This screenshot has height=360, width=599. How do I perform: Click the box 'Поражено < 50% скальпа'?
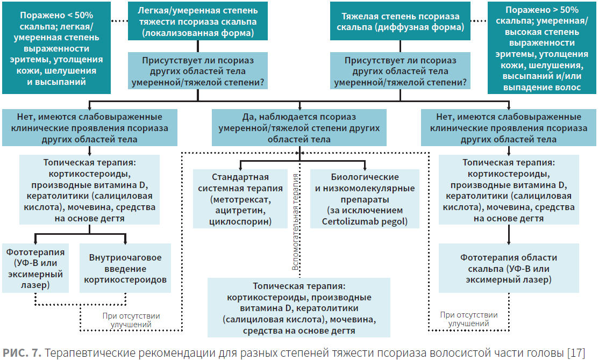[x=56, y=48]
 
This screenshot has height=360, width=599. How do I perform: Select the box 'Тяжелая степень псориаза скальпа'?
[x=400, y=21]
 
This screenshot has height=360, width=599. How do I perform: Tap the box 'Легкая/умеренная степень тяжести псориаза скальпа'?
[x=197, y=21]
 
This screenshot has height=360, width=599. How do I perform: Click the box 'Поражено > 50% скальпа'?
[x=541, y=48]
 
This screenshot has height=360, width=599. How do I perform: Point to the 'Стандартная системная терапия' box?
[x=240, y=199]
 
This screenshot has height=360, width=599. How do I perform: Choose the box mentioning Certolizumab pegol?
[x=365, y=199]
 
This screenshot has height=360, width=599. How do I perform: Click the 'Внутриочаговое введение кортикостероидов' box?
[x=125, y=268]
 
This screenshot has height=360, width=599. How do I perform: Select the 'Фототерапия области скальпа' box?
[x=509, y=268]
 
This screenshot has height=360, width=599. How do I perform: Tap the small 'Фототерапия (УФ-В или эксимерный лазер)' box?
[x=35, y=268]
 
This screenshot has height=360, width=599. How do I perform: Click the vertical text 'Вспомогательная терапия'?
[x=295, y=222]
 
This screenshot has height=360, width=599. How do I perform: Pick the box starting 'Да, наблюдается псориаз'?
[x=299, y=128]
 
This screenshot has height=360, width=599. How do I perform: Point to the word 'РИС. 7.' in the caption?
[x=22, y=353]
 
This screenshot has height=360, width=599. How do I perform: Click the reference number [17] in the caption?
[x=576, y=353]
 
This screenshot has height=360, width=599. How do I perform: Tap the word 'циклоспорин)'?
[x=240, y=221]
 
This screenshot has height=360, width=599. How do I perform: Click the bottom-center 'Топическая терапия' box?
[x=299, y=308]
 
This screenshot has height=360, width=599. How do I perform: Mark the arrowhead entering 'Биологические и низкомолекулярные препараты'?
[x=365, y=167]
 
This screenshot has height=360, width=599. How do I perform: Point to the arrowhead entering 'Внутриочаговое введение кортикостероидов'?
[x=125, y=241]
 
